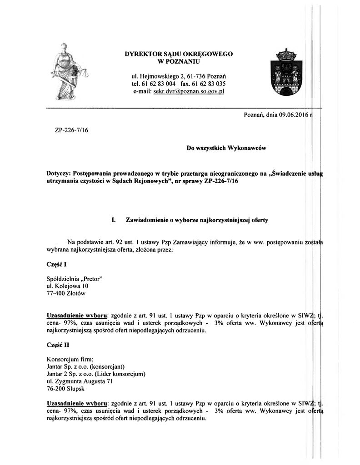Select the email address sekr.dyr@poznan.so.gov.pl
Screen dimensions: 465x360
(189, 91)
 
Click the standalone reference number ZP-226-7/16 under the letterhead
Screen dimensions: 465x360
(71, 130)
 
